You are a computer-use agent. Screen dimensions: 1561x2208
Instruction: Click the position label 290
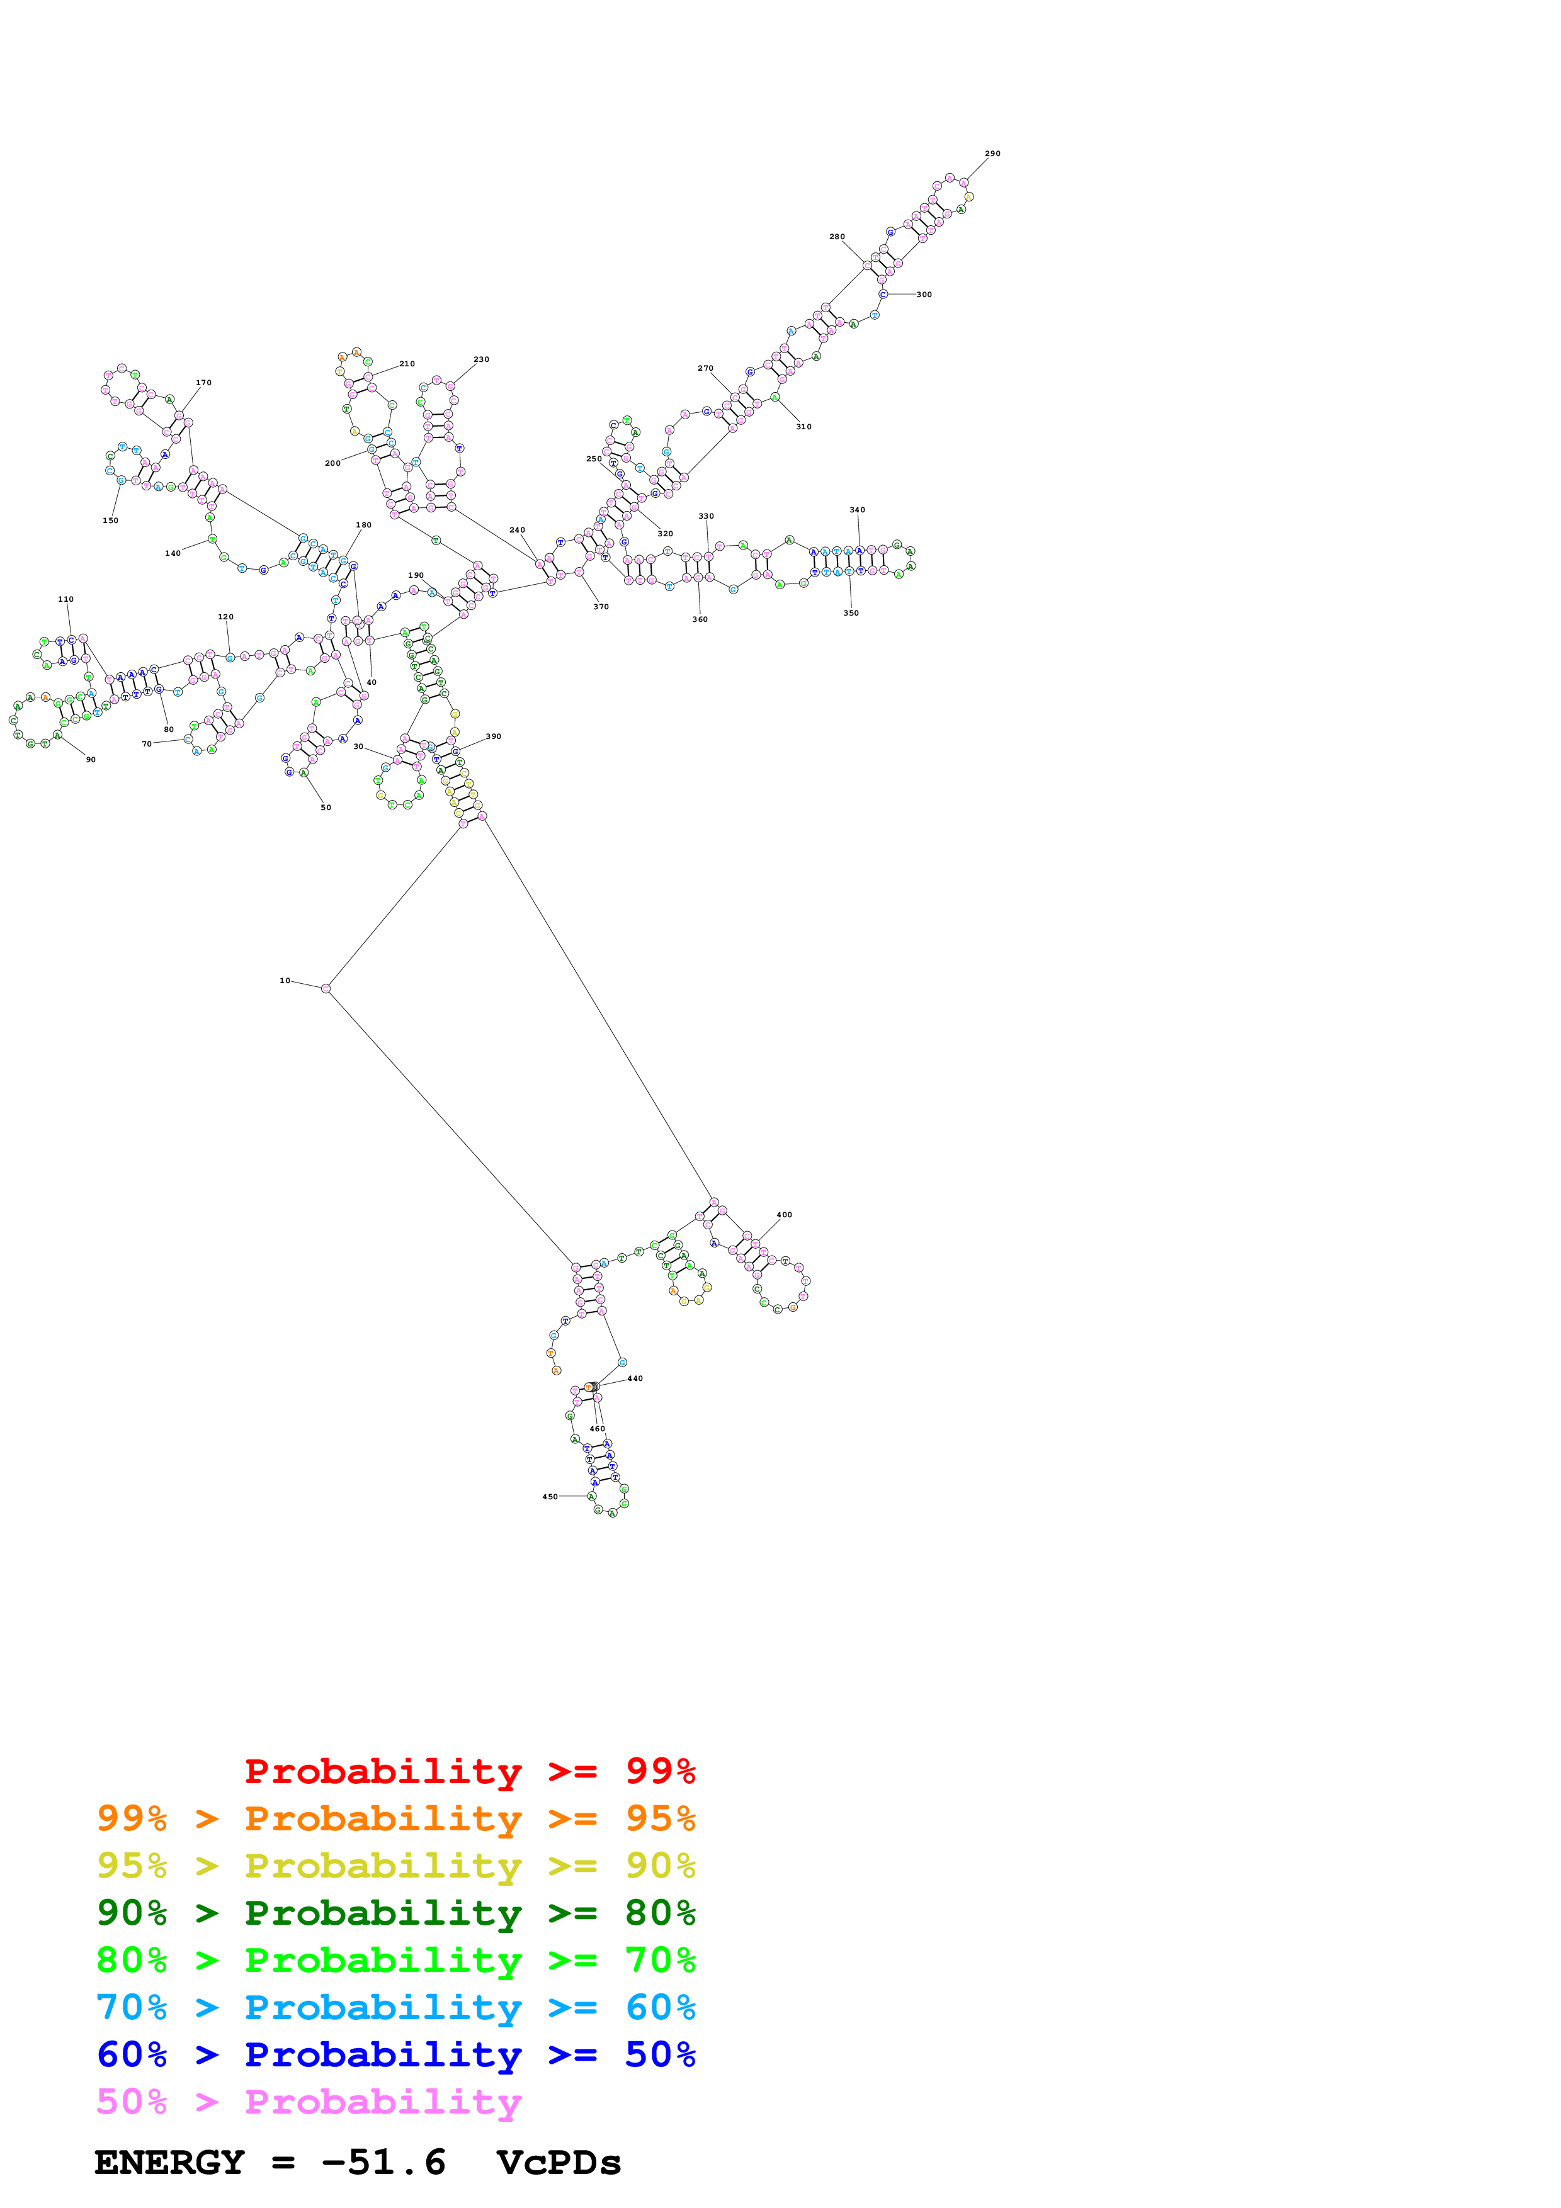point(992,154)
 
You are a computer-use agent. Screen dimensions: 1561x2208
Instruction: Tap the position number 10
point(285,981)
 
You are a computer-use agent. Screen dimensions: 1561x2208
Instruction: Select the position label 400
point(784,1215)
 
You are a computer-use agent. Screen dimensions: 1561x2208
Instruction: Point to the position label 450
point(549,1496)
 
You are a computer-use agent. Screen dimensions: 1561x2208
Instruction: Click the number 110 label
point(65,599)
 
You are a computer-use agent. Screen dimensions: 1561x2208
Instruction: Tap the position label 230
point(481,359)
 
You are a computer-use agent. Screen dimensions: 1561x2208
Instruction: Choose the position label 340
point(857,510)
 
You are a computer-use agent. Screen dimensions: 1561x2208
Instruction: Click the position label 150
point(111,521)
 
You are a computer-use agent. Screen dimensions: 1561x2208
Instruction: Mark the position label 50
point(326,808)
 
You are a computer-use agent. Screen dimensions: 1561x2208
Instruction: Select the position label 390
point(494,736)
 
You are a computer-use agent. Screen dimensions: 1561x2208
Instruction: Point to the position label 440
point(635,1378)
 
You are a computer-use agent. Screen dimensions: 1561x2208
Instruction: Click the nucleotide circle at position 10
point(326,989)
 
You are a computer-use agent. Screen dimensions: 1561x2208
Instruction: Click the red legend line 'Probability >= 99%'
point(469,1771)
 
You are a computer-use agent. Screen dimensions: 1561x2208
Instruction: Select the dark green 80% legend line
point(395,1913)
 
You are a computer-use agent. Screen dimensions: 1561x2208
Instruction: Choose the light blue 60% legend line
point(395,2007)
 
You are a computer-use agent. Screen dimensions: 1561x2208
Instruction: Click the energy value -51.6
point(383,2163)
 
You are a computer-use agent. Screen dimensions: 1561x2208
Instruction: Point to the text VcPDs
point(559,2163)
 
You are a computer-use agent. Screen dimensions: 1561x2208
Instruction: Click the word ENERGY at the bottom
point(169,2163)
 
